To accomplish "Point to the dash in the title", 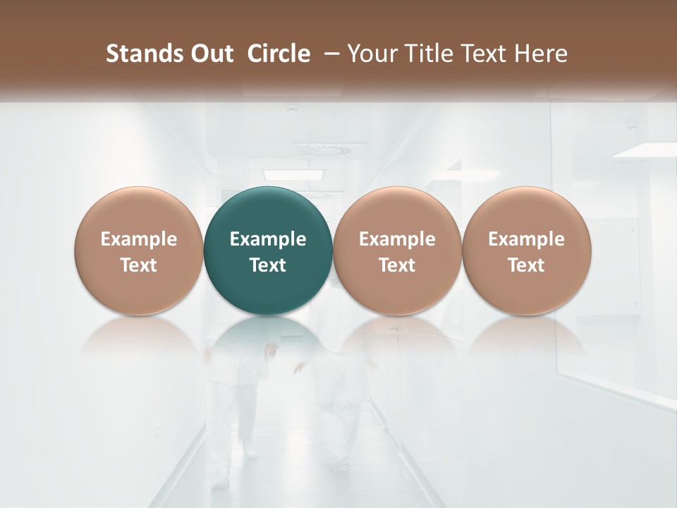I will (330, 54).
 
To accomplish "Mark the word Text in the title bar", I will (483, 54).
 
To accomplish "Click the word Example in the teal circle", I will (268, 239).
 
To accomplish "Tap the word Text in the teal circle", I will (268, 265).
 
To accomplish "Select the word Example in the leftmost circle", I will (139, 239).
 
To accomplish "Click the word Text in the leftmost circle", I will (139, 265).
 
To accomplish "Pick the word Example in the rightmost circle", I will (527, 239).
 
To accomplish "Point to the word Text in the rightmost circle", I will (527, 265).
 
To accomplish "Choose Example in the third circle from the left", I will (397, 239).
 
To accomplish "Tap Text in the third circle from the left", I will (397, 265).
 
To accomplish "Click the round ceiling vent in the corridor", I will (323, 149).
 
